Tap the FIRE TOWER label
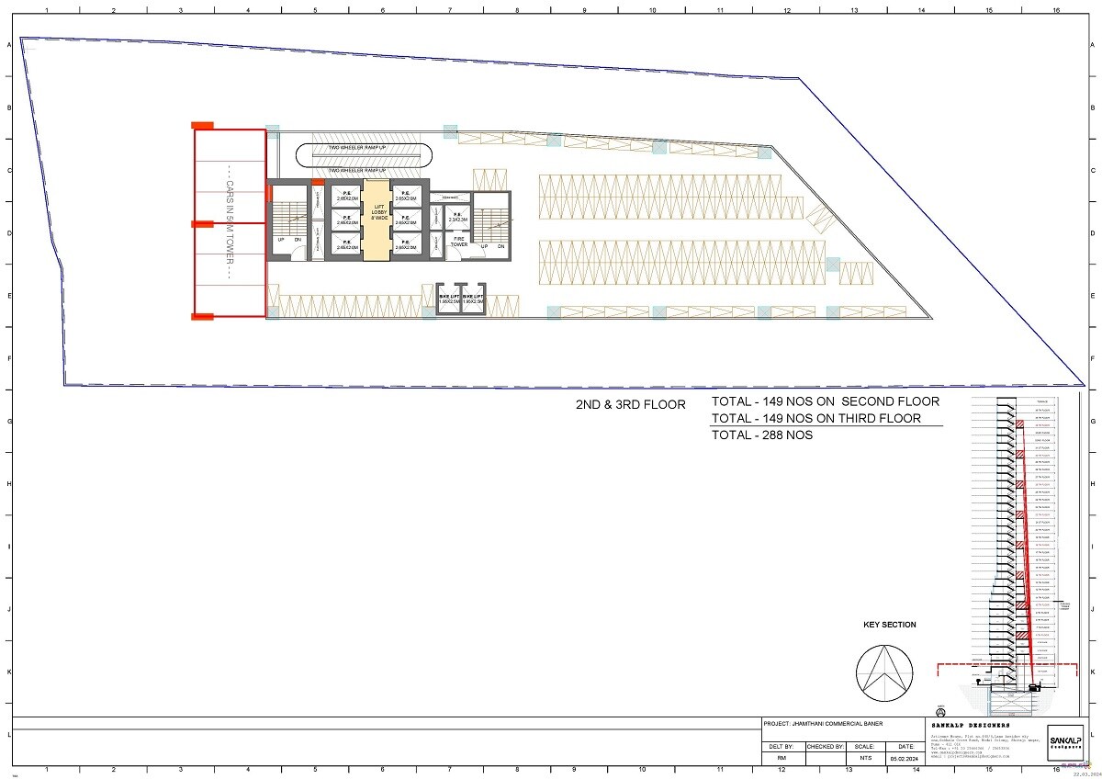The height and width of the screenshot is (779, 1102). point(459,242)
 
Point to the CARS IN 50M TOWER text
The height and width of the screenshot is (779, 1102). point(229,224)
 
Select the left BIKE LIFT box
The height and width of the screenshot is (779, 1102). point(448,299)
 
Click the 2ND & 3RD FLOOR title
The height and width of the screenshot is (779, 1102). point(629,404)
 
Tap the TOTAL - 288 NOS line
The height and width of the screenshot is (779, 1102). point(761,435)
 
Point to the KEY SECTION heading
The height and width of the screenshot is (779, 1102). point(889,625)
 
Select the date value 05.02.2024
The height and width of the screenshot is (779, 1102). point(905,759)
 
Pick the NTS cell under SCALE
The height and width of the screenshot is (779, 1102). point(863,759)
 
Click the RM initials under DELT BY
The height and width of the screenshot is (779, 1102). point(782,759)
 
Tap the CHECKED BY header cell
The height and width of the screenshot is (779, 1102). point(825,747)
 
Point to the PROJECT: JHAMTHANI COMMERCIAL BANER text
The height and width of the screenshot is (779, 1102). point(824,724)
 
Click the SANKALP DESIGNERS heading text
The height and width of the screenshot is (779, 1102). point(970,725)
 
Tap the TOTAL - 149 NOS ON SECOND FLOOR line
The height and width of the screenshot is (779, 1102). point(825,401)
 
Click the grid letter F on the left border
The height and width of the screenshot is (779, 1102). point(9,358)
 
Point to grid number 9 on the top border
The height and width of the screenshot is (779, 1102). point(584,9)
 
